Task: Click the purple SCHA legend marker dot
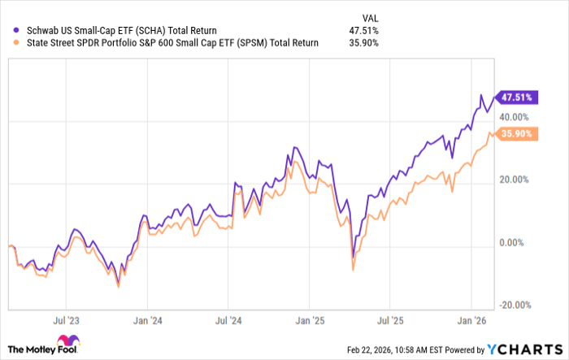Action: point(11,31)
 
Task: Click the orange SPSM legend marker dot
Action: point(11,44)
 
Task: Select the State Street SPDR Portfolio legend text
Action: point(162,44)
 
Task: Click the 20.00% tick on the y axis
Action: point(514,180)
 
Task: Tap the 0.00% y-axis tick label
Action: point(516,242)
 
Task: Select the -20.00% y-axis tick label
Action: point(513,305)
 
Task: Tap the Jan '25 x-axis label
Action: point(308,320)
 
